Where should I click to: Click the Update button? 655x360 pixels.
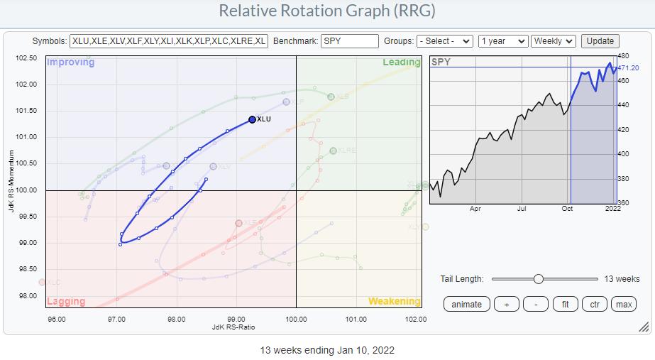point(600,41)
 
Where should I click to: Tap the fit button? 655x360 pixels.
point(565,304)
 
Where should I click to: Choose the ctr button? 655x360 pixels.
point(594,304)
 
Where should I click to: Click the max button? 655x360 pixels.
point(623,304)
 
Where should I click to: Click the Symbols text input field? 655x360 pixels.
point(169,41)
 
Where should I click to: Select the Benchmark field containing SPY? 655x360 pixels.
point(349,41)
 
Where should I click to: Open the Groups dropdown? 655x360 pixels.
point(444,41)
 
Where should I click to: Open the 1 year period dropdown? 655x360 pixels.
point(502,41)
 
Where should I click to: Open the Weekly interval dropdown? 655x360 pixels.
point(554,41)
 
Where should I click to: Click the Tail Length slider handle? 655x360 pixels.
point(539,279)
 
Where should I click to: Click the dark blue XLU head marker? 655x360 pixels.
point(252,119)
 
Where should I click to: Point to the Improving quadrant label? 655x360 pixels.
point(70,62)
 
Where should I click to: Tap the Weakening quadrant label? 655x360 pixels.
point(394,301)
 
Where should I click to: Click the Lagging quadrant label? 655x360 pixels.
point(66,301)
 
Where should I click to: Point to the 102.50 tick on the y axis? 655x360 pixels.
point(28,58)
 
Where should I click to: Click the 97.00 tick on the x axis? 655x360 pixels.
point(116,319)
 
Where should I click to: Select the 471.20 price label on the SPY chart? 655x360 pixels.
point(628,68)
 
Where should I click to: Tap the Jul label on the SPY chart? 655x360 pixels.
point(522,209)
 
